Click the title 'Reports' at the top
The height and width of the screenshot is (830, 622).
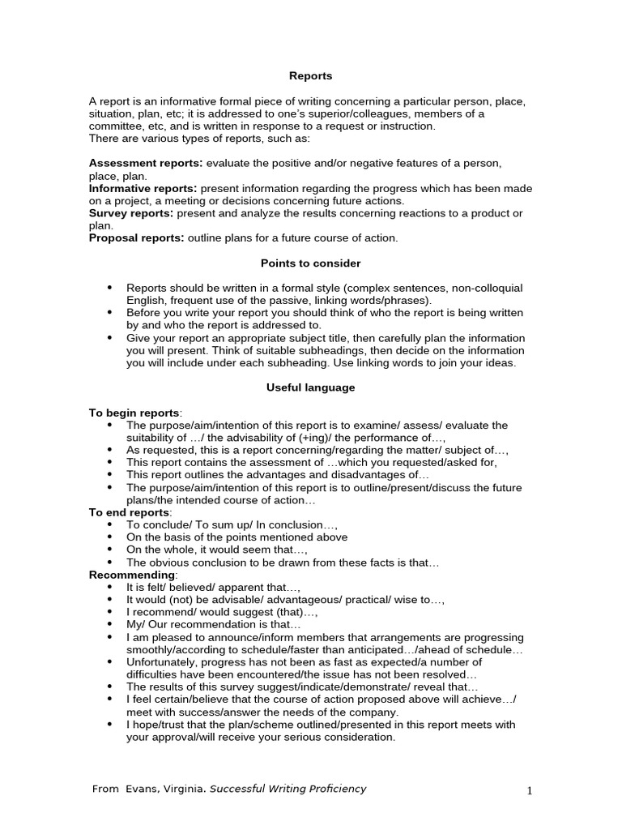coord(311,76)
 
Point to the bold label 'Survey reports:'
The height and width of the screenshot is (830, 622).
coord(131,213)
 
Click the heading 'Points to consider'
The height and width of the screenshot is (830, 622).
coord(311,263)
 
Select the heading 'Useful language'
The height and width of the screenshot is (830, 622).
coord(311,387)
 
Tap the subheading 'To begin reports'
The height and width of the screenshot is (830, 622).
coord(134,413)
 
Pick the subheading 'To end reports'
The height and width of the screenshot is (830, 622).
coord(129,512)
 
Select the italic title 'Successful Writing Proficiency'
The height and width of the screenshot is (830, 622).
coord(288,789)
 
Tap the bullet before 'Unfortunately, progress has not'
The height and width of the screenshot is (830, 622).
coord(109,662)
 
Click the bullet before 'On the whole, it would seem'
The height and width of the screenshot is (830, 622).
coord(109,550)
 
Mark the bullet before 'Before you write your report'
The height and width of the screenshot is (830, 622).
coord(109,313)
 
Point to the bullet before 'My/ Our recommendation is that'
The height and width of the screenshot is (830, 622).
coord(109,625)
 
